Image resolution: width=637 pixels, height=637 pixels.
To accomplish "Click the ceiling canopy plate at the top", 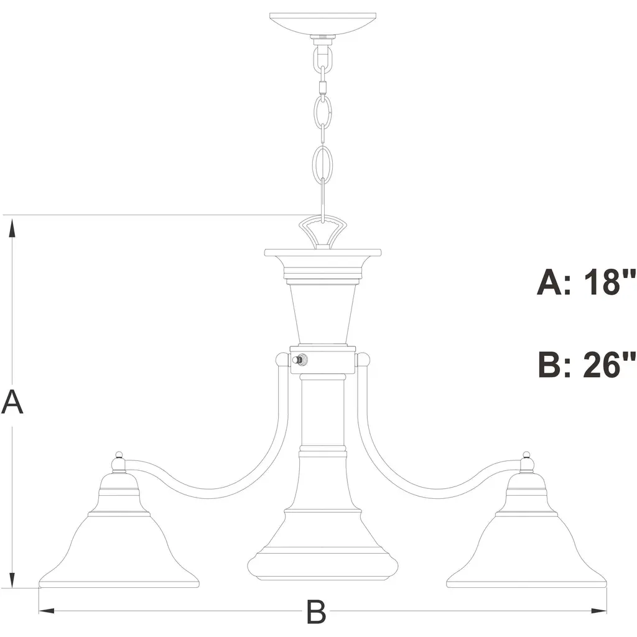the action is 323,24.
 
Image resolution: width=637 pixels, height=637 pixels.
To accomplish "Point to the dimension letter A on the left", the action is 12,401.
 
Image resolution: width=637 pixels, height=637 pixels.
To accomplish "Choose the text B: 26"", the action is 587,365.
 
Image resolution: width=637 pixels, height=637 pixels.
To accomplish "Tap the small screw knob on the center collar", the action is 300,360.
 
